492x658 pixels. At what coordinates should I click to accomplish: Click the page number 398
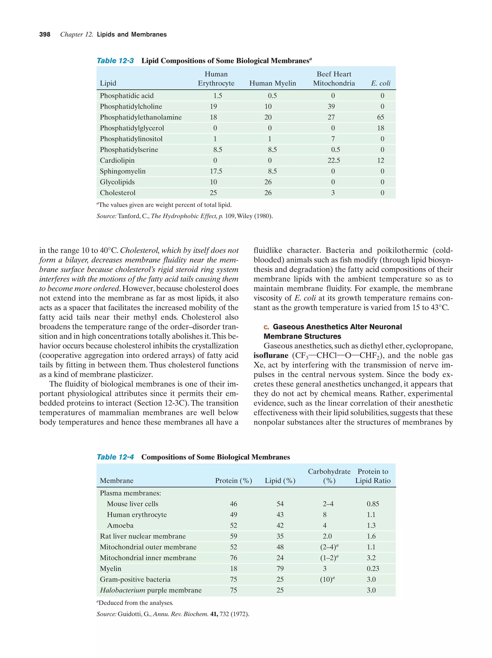tap(45, 35)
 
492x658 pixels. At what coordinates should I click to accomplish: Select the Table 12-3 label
tap(115, 61)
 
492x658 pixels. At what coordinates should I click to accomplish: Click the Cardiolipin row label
tap(117, 160)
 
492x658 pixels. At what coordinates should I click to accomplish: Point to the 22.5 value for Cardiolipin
tap(334, 160)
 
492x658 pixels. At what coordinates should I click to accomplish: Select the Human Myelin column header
tap(272, 83)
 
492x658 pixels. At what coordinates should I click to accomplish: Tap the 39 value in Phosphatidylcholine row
tap(331, 107)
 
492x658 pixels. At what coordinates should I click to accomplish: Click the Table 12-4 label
tap(115, 457)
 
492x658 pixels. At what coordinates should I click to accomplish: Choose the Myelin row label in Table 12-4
tap(111, 568)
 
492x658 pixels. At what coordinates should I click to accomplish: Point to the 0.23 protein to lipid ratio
tap(373, 568)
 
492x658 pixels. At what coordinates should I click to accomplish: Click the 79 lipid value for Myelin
tap(280, 568)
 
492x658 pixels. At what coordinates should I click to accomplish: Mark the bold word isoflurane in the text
tap(271, 356)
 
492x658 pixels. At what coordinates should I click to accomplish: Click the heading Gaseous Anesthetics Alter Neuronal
tap(337, 327)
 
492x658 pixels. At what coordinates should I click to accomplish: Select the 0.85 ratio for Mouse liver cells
tap(373, 504)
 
